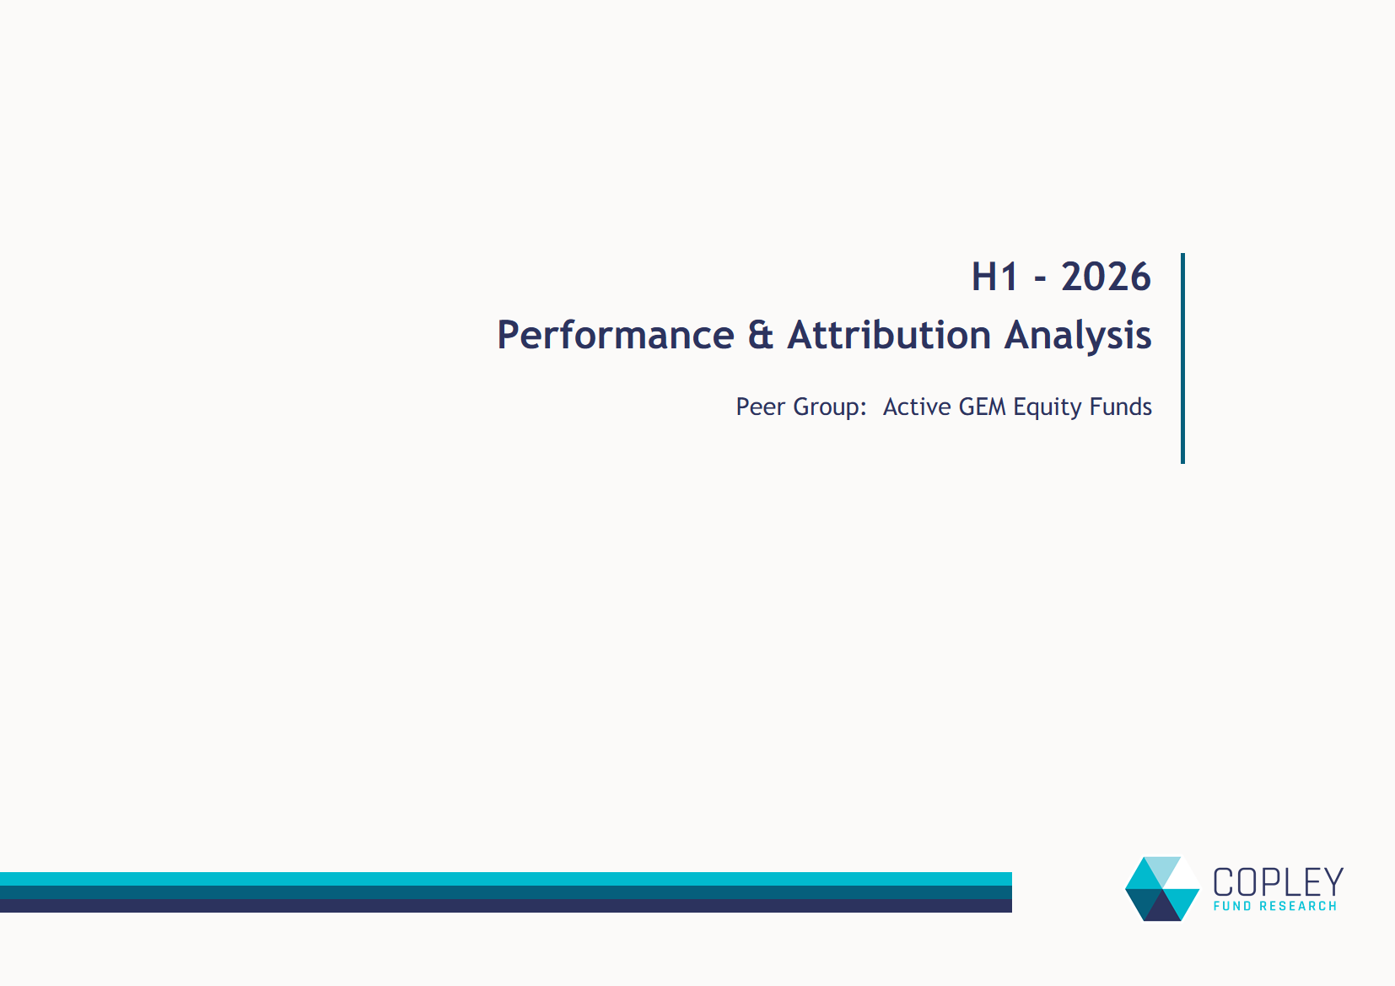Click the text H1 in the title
(x=994, y=277)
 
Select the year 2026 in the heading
(x=1106, y=277)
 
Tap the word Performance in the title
(x=616, y=335)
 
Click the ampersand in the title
(x=761, y=335)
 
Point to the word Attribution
(x=889, y=335)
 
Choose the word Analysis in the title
(x=1078, y=337)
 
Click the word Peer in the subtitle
(x=761, y=407)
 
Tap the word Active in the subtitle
(x=918, y=407)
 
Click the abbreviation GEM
(x=982, y=407)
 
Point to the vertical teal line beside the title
(x=1182, y=358)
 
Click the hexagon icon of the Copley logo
(x=1162, y=889)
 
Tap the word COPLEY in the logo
(x=1278, y=882)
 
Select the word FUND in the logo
(x=1232, y=906)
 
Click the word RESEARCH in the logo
(x=1298, y=906)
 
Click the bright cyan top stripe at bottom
(x=506, y=879)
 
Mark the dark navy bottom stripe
(x=506, y=906)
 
